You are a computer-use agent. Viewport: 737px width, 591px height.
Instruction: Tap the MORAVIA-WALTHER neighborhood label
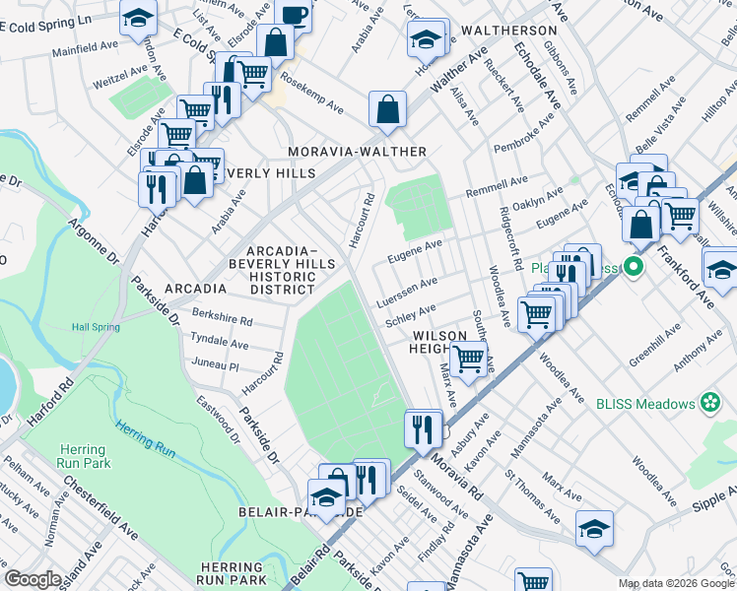tap(357, 152)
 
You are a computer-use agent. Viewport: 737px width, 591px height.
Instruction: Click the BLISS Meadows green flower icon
tap(708, 402)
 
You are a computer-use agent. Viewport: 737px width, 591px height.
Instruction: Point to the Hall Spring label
tap(96, 327)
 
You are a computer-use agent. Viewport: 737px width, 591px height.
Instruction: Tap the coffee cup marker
tap(293, 15)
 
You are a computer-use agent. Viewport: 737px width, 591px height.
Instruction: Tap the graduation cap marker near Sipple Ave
tap(594, 529)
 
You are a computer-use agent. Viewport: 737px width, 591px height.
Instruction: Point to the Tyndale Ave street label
tap(219, 342)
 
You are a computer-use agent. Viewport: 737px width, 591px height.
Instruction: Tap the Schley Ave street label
tap(410, 316)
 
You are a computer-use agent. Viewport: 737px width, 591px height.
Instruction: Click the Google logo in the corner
tap(33, 579)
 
